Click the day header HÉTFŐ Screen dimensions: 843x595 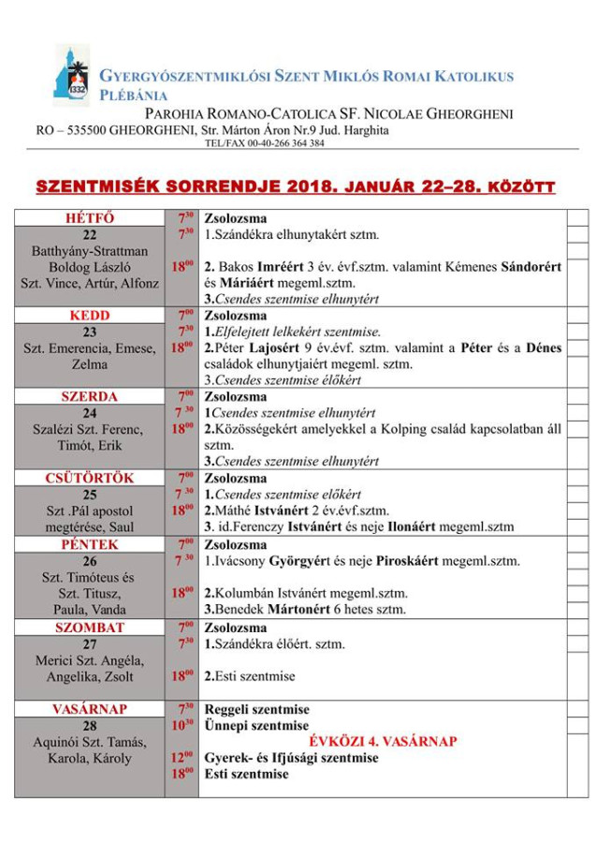point(89,218)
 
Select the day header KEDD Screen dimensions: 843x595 point(90,315)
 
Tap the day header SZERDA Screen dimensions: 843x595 point(89,396)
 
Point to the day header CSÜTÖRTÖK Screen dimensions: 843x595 point(89,478)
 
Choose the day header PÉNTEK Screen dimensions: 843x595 point(90,543)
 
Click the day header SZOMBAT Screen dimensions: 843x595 point(90,627)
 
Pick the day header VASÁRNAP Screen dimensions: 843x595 point(90,709)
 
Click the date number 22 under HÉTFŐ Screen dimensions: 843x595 point(90,235)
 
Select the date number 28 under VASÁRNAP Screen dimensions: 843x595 point(90,726)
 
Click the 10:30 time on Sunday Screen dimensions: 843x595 point(181,725)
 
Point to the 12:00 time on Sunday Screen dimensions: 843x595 point(181,758)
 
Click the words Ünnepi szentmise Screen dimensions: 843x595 point(256,725)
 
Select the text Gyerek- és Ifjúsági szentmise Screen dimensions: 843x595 point(291,758)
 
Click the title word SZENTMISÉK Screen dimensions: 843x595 point(101,186)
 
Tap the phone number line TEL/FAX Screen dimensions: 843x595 point(265,143)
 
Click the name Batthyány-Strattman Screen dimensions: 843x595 point(90,251)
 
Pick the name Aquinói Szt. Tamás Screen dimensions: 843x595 point(90,742)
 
